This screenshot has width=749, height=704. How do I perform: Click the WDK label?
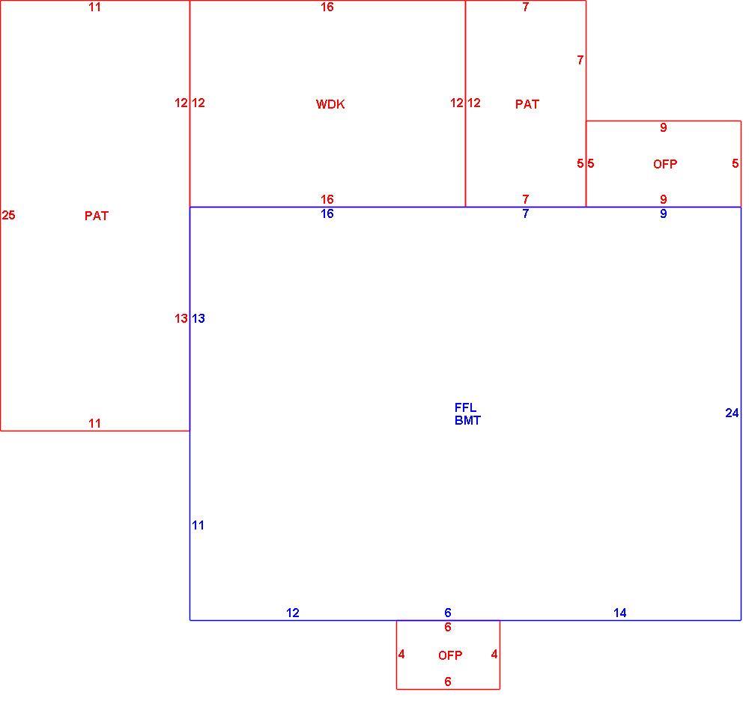click(330, 104)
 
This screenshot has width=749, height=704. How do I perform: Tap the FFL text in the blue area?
click(465, 407)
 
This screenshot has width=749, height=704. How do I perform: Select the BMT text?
click(467, 420)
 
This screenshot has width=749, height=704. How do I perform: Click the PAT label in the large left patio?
click(97, 216)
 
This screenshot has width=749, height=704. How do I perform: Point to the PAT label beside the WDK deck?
click(527, 104)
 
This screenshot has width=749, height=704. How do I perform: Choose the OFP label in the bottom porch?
click(450, 655)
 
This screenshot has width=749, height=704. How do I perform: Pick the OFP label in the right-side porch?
click(665, 164)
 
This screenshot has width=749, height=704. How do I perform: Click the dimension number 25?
click(8, 216)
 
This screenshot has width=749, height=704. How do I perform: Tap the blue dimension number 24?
click(732, 413)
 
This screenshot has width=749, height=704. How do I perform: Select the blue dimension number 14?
click(619, 613)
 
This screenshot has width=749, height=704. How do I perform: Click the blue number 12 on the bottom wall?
click(292, 613)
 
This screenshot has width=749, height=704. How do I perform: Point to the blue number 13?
click(198, 318)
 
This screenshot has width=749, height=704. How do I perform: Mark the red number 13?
click(181, 318)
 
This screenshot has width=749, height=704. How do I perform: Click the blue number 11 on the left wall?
click(198, 525)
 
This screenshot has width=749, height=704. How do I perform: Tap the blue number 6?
click(448, 613)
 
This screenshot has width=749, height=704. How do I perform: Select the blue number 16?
click(327, 213)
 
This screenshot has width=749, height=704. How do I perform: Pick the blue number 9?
click(663, 213)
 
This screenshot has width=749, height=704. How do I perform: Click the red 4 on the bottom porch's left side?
click(401, 655)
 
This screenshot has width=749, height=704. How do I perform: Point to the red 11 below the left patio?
click(94, 424)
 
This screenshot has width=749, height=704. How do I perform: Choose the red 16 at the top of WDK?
click(327, 7)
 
